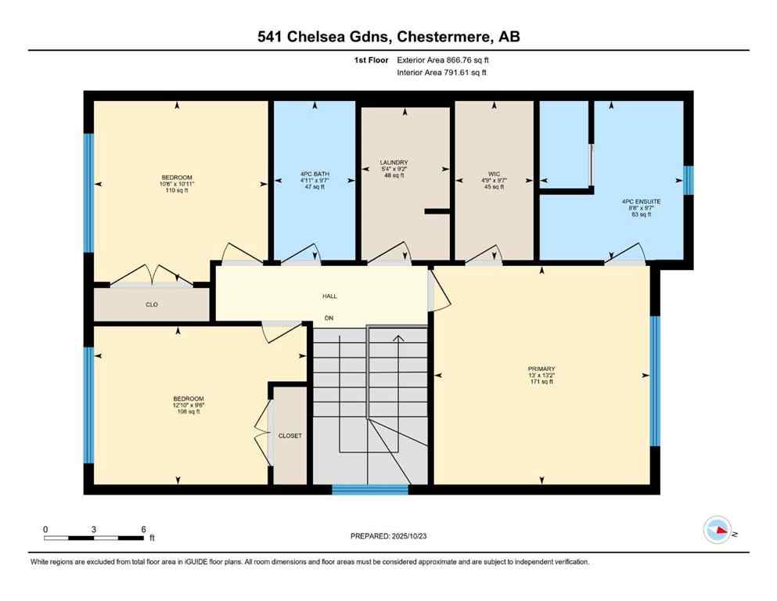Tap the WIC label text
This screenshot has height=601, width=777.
[493, 172]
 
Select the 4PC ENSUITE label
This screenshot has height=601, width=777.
[641, 201]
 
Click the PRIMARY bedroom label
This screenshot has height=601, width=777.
[541, 368]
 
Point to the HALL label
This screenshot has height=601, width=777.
[329, 296]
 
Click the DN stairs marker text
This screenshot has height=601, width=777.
[329, 318]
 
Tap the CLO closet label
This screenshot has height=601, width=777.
[152, 304]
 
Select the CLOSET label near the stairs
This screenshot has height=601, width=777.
[290, 436]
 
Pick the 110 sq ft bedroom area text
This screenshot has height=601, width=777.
[176, 191]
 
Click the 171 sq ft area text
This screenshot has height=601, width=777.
[541, 381]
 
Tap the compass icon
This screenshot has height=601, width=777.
[718, 531]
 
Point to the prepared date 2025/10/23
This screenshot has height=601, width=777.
[388, 536]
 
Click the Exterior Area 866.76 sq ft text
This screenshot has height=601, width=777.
[446, 59]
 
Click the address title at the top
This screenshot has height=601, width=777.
[388, 36]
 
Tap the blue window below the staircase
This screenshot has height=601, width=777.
[369, 490]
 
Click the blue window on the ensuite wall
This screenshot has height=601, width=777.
[688, 179]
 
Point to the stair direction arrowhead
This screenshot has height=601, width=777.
[398, 338]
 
